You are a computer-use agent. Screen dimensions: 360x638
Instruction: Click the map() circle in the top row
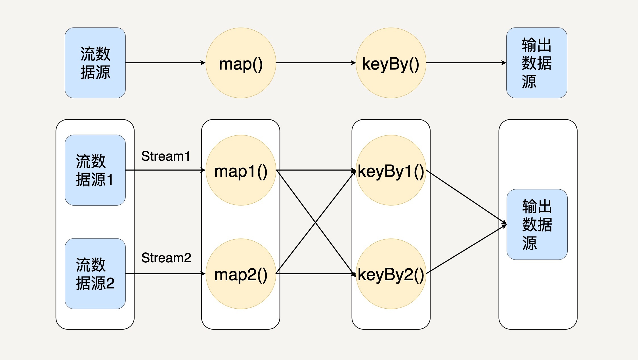(241, 63)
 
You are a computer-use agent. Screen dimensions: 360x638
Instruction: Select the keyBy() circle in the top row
(391, 63)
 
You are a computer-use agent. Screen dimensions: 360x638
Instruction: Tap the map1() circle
(241, 170)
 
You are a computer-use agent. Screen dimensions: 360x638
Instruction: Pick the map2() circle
(241, 274)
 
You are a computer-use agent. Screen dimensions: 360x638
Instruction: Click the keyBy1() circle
(391, 170)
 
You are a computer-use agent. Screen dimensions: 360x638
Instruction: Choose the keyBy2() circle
(391, 274)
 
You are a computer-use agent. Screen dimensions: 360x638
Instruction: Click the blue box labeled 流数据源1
(95, 170)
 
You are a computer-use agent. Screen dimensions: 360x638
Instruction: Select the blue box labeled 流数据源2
(95, 274)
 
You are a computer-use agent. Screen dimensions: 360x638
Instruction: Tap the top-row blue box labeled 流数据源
(95, 63)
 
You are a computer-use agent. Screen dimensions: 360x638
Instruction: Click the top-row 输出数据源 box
(537, 63)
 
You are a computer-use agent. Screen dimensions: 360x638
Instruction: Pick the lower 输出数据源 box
(537, 224)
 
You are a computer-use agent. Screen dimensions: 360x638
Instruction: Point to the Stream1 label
(166, 156)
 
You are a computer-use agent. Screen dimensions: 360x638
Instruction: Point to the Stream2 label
(166, 258)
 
